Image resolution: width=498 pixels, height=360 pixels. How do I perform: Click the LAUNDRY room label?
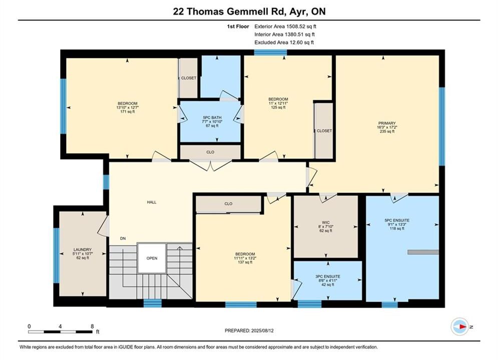(x=82, y=249)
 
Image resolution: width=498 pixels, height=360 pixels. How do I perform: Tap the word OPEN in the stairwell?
(x=152, y=258)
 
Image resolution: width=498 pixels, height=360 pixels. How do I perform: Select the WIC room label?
(x=325, y=222)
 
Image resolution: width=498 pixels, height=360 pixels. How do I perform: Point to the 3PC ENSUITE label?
(x=327, y=276)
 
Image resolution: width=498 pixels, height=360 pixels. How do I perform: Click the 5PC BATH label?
(x=212, y=117)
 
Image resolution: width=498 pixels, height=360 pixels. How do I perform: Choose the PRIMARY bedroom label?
(x=387, y=123)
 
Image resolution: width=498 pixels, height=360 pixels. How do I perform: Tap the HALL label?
(x=152, y=202)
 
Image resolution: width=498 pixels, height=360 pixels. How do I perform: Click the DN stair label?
(x=123, y=238)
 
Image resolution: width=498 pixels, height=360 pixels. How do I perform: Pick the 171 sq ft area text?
(x=127, y=111)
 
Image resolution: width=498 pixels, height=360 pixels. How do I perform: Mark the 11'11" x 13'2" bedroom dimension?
(x=245, y=258)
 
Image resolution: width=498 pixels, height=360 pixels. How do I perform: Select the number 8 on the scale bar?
(x=92, y=326)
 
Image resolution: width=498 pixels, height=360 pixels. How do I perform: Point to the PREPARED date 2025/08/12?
(x=262, y=330)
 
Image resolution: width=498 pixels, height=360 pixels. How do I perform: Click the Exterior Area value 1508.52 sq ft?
(x=301, y=26)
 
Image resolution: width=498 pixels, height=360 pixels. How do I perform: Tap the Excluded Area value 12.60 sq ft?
(x=300, y=42)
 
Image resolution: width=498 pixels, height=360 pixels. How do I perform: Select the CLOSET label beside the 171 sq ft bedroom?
(x=189, y=78)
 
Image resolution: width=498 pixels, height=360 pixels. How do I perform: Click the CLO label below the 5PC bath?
(x=210, y=152)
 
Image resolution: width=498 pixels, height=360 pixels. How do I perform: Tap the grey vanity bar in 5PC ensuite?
(x=423, y=252)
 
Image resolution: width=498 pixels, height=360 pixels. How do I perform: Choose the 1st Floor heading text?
(x=238, y=26)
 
